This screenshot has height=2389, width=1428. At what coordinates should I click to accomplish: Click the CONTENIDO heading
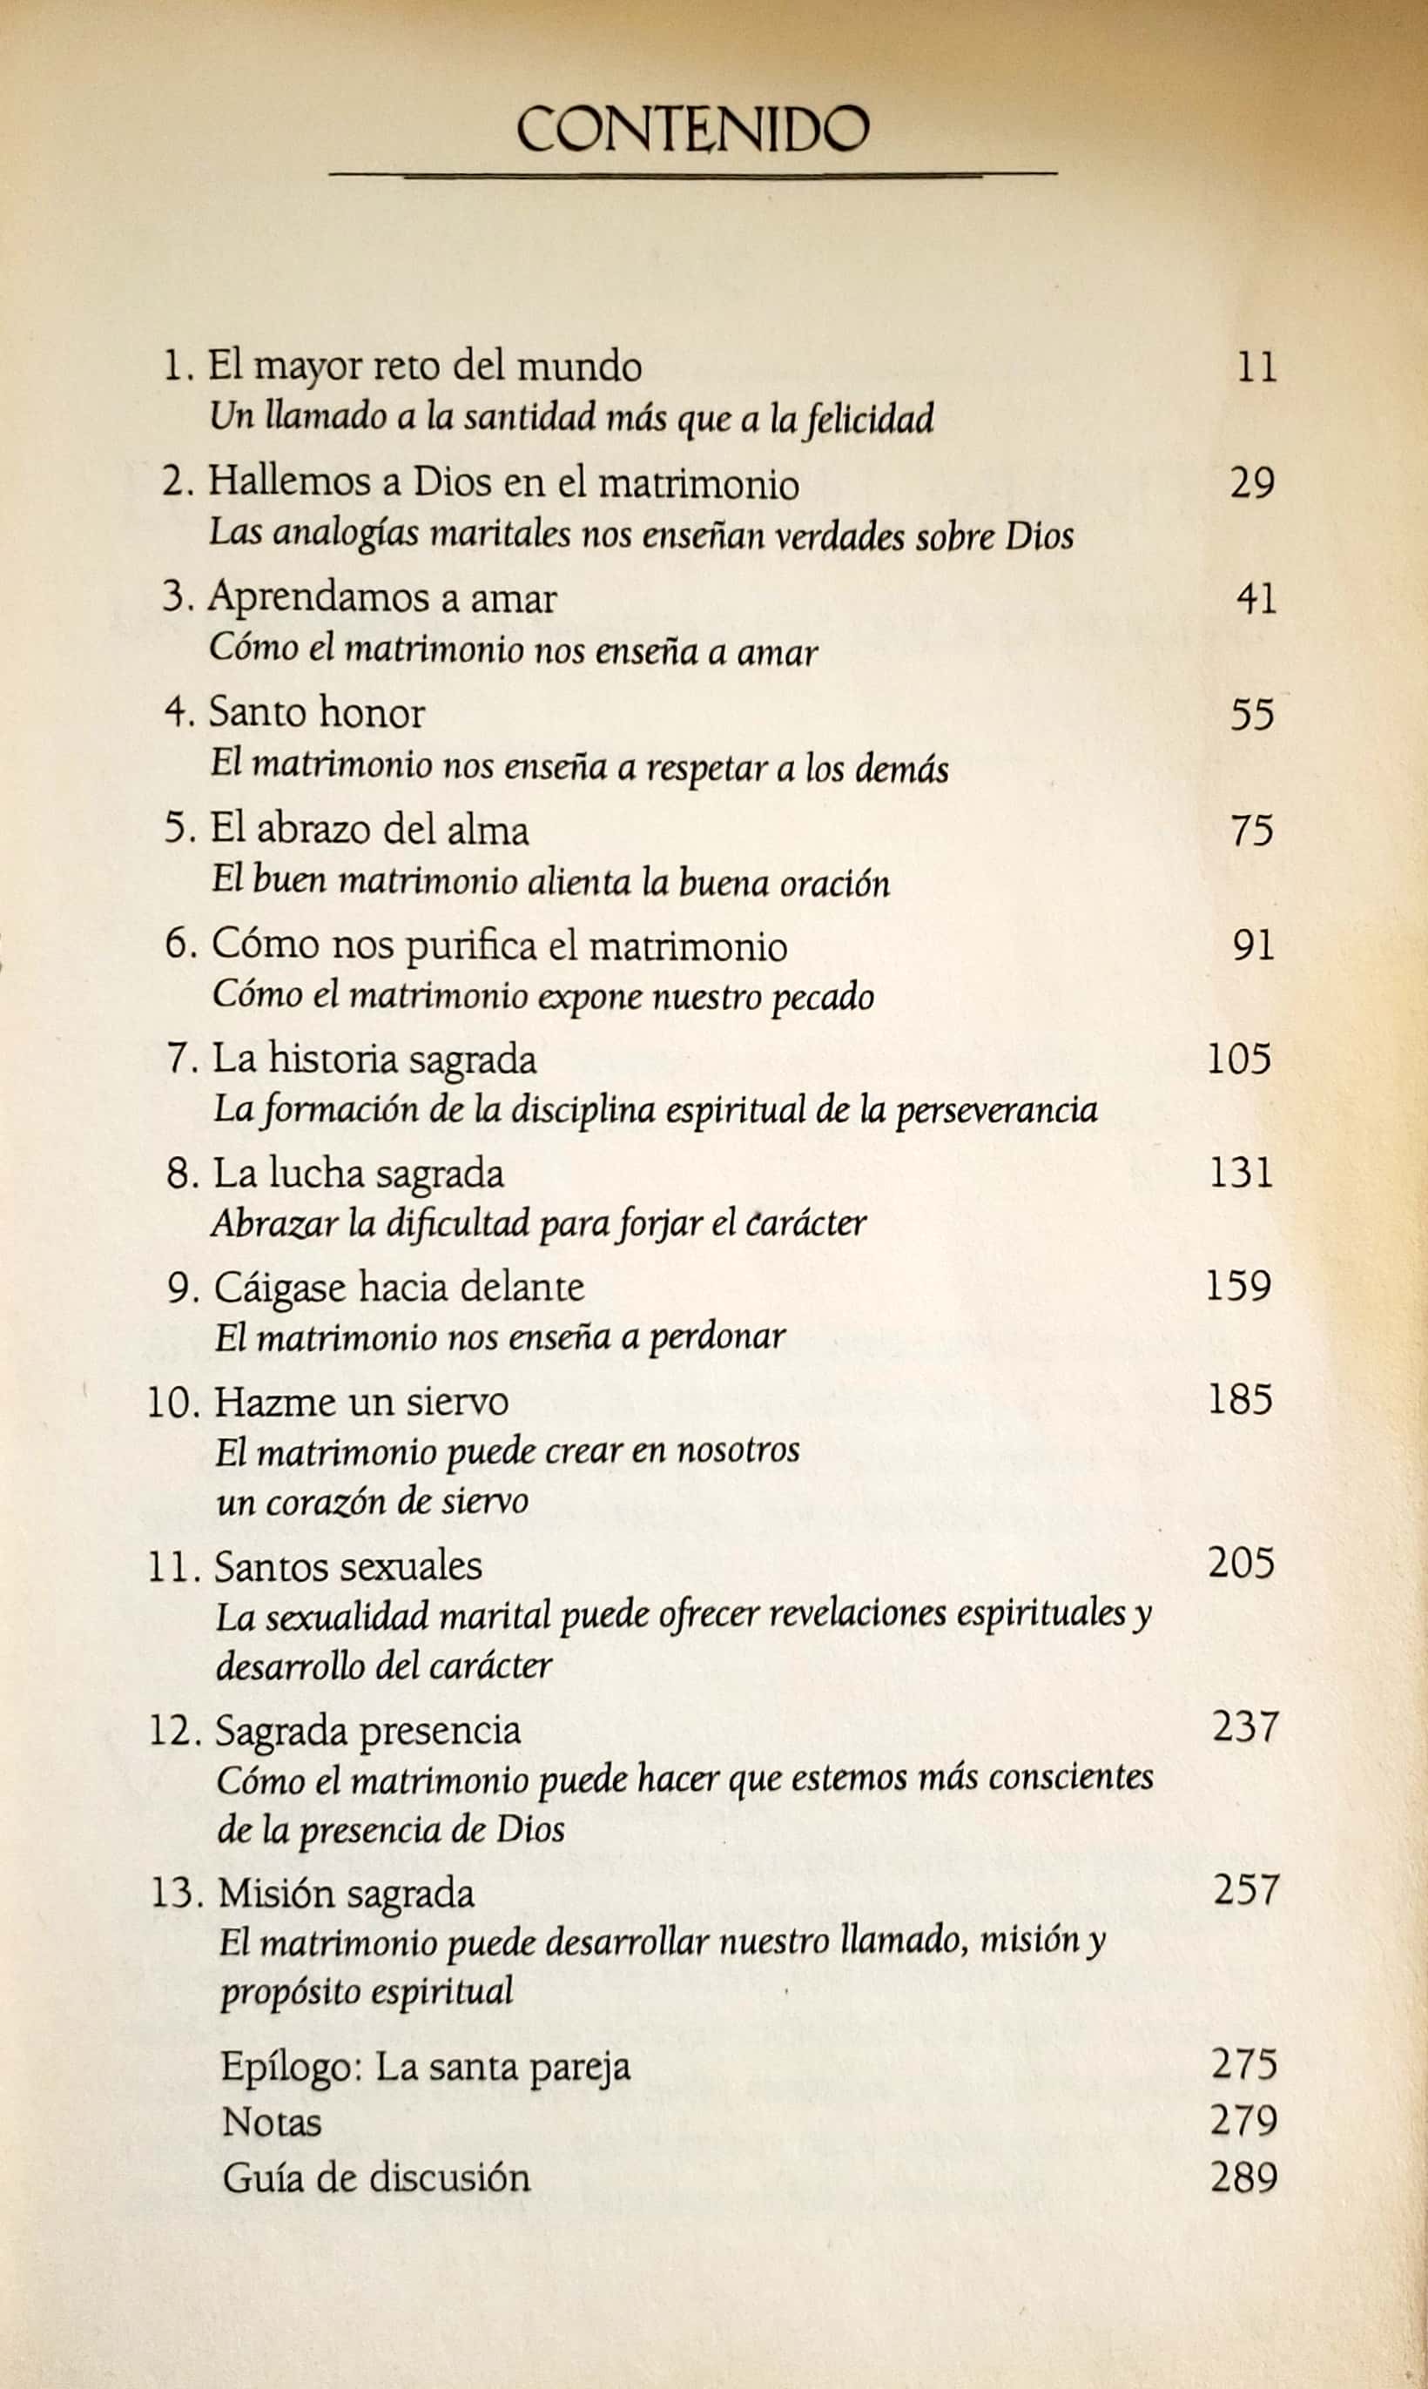click(x=692, y=130)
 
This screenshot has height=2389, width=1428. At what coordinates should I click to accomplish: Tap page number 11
click(x=1256, y=367)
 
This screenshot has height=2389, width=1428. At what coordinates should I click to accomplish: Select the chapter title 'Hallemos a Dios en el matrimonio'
click(x=503, y=482)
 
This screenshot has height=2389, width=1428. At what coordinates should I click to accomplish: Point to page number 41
click(x=1256, y=598)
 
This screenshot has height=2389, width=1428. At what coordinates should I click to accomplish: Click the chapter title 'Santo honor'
click(x=317, y=713)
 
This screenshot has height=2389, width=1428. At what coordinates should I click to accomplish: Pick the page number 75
click(x=1252, y=830)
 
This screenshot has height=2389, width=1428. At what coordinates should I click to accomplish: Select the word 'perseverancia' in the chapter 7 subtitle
click(x=996, y=1111)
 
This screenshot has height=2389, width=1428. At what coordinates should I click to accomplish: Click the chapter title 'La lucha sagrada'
click(x=358, y=1174)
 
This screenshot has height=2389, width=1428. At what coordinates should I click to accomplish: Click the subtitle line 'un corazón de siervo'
click(x=373, y=1501)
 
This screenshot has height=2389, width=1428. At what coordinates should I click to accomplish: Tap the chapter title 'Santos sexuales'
click(x=347, y=1565)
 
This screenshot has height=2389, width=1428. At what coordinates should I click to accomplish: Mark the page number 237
click(x=1245, y=1727)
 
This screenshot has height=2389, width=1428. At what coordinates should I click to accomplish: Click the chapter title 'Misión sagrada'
click(x=347, y=1893)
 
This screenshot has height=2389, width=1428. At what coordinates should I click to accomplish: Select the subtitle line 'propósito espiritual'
click(x=367, y=1989)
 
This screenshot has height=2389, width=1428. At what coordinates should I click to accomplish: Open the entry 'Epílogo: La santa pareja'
click(x=425, y=2066)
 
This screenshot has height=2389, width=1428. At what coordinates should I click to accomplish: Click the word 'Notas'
click(x=272, y=2122)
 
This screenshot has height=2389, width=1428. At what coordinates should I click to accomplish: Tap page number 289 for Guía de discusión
click(x=1243, y=2177)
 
